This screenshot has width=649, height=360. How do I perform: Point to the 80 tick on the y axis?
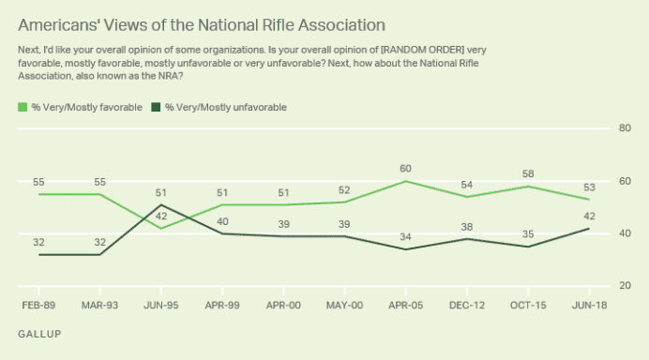tap(624, 128)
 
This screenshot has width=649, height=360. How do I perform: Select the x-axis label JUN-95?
tap(162, 305)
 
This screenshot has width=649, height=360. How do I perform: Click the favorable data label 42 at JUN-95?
tap(162, 217)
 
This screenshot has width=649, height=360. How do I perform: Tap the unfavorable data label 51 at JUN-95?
tap(162, 193)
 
